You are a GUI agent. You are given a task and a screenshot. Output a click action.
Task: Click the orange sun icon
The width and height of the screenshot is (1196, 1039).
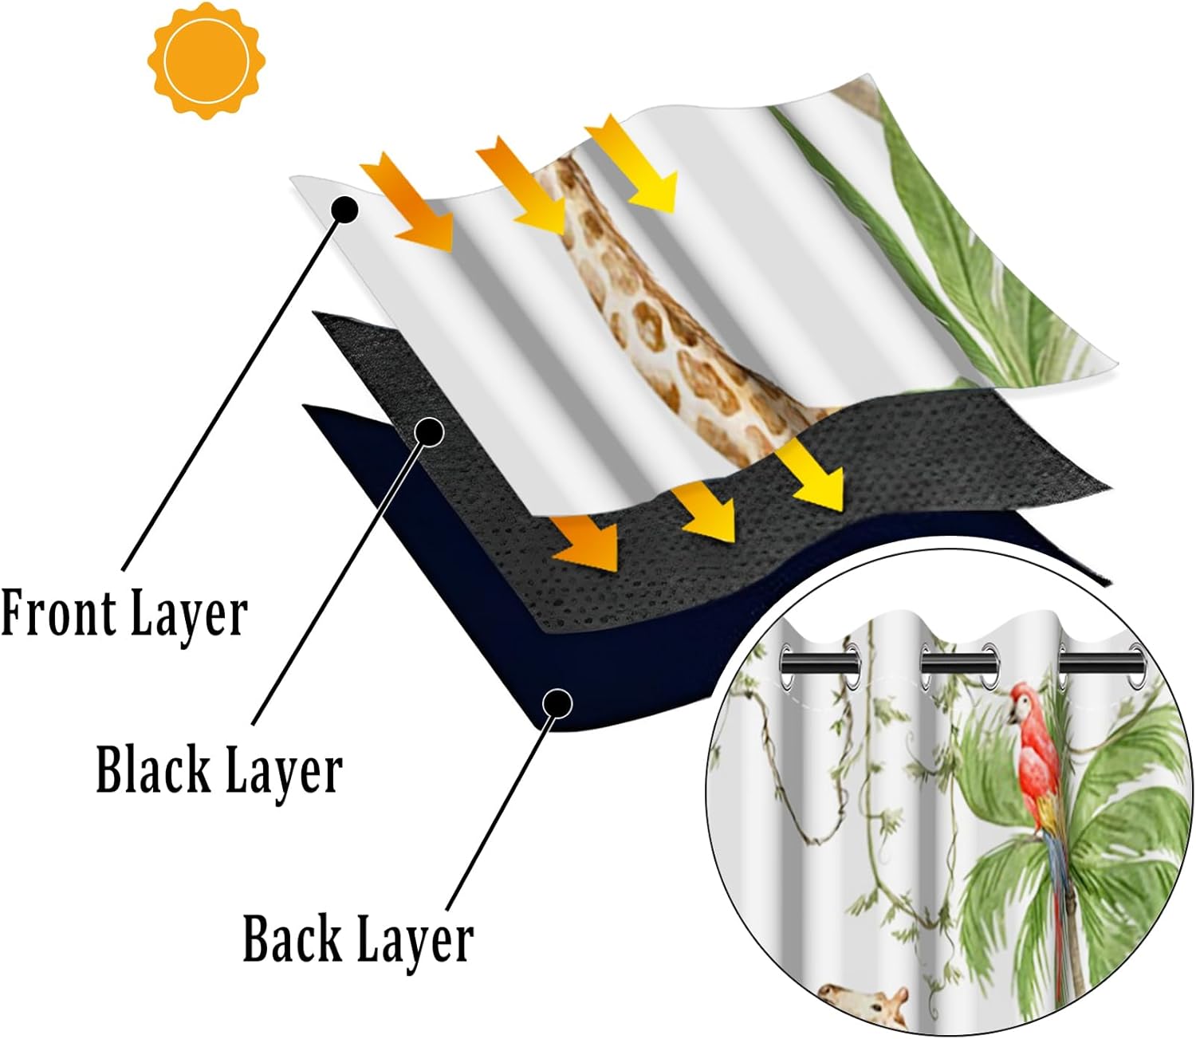coord(207,61)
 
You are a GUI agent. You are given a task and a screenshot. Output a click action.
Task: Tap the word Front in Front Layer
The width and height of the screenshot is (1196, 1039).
coord(57,613)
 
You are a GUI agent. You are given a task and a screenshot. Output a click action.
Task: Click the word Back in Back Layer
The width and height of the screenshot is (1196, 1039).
coord(292,939)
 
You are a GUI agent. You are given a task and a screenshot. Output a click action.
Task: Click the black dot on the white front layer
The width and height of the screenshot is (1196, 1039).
coord(345,210)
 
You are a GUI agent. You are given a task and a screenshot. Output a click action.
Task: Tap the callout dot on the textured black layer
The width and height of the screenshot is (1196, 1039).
coord(430,431)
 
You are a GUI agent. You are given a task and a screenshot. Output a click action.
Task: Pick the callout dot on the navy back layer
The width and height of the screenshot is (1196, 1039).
coord(557,703)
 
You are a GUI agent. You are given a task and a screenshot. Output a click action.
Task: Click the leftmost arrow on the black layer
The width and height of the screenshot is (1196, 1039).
coord(588,541)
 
